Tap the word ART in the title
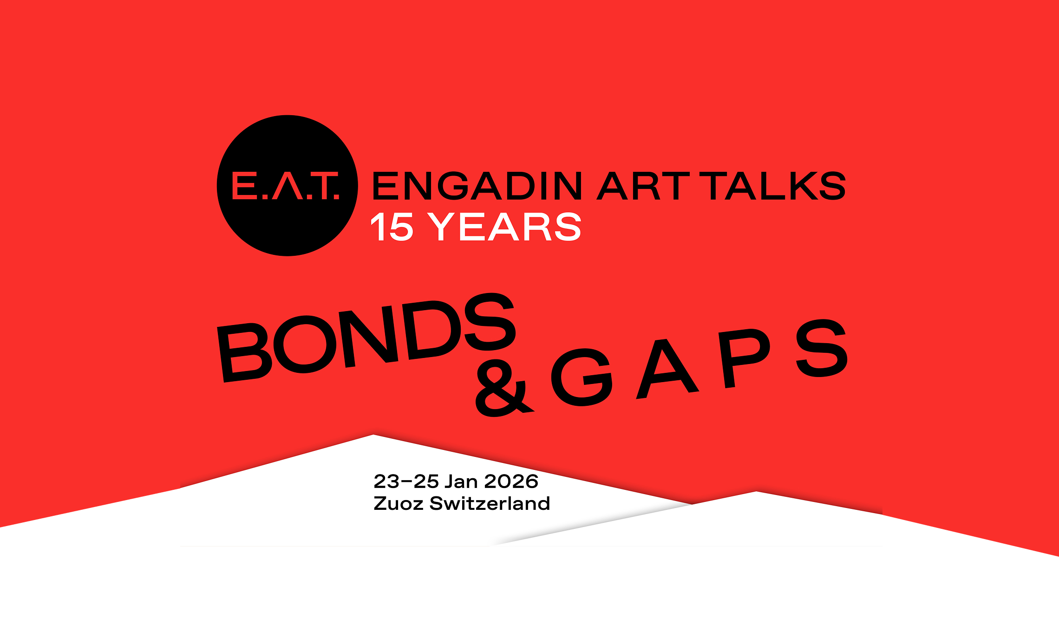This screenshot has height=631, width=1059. (644, 186)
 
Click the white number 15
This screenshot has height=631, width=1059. (392, 227)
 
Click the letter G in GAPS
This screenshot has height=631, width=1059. (582, 377)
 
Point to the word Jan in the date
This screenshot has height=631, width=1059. (461, 481)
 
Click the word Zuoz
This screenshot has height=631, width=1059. (398, 504)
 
